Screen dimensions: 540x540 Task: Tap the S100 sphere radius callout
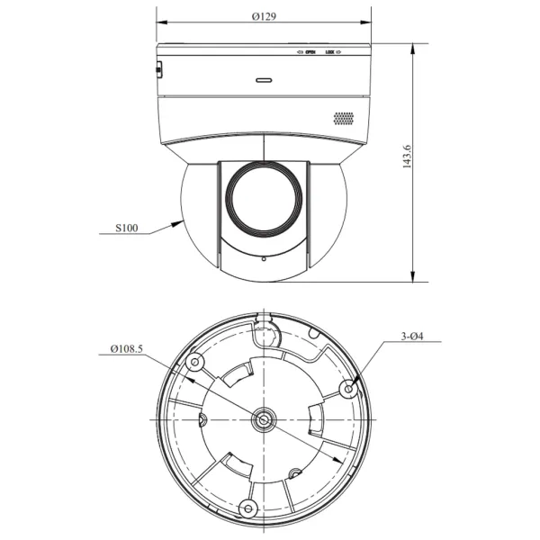point(127,229)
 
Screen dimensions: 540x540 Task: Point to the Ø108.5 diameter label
point(126,348)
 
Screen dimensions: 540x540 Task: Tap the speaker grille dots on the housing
point(344,119)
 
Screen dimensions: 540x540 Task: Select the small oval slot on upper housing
point(265,79)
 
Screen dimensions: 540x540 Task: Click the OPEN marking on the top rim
point(308,52)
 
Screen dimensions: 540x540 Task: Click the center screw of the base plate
point(264,418)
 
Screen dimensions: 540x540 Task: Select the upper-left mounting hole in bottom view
point(195,363)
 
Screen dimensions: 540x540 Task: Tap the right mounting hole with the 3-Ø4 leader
point(349,388)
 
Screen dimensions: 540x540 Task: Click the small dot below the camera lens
point(263,259)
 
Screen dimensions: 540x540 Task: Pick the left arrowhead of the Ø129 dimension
point(160,24)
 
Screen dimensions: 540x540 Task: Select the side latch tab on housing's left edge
point(158,68)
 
